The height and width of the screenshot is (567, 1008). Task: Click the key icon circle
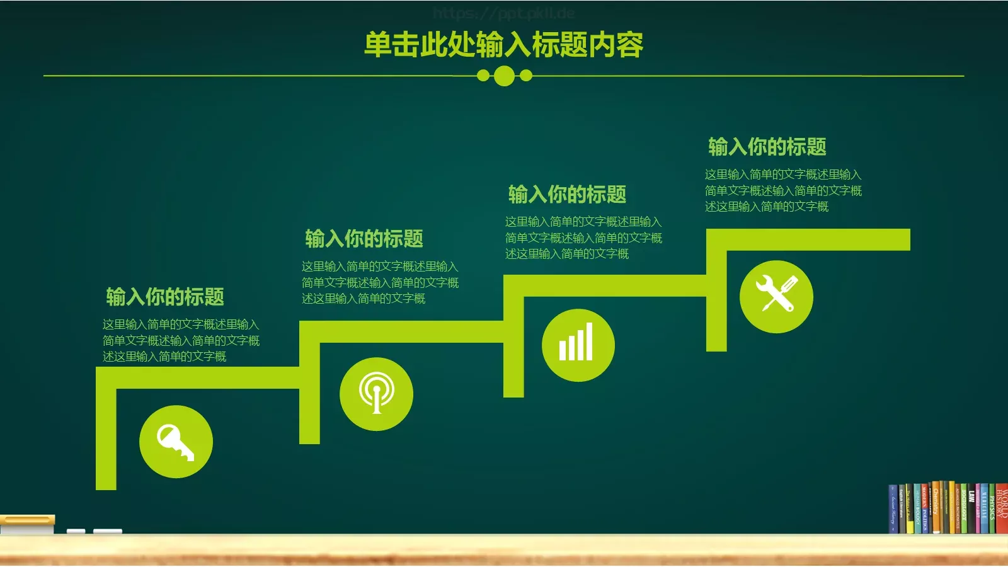pos(176,442)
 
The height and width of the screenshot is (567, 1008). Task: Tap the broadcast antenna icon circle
pos(376,394)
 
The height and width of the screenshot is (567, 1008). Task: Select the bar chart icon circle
pos(578,345)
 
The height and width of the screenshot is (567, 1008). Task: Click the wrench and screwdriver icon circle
pos(776,296)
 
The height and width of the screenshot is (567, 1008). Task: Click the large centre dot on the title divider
pos(504,76)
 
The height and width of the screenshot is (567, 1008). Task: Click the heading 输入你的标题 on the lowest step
pos(165,297)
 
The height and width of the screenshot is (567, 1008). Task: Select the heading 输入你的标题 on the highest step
pos(767,147)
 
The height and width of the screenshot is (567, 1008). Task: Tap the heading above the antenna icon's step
pos(364,239)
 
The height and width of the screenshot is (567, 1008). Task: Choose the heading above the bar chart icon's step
pos(567,194)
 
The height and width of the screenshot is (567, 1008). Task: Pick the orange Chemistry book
pos(936,507)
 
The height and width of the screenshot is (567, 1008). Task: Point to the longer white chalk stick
pos(107,532)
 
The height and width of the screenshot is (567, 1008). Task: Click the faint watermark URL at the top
pos(504,13)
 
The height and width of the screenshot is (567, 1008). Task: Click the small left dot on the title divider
pos(483,76)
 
